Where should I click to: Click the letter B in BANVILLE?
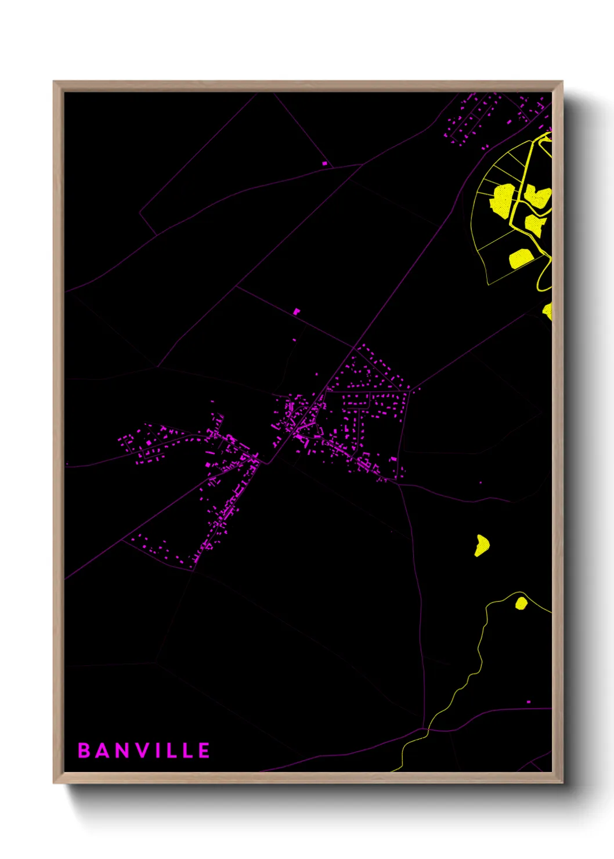click(x=84, y=750)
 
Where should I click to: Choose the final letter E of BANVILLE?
click(x=204, y=750)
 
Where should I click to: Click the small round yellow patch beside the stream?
click(x=521, y=603)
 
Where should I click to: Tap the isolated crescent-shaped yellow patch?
click(x=482, y=546)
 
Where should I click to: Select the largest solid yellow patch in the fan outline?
click(x=503, y=200)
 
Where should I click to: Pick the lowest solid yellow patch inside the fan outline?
click(x=521, y=258)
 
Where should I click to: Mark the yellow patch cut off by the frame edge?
click(x=547, y=311)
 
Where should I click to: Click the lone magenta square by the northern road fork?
click(x=324, y=164)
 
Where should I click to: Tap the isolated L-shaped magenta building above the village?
click(x=297, y=312)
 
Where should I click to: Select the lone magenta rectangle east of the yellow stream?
click(x=528, y=702)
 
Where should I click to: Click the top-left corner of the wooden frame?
click(x=54, y=82)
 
